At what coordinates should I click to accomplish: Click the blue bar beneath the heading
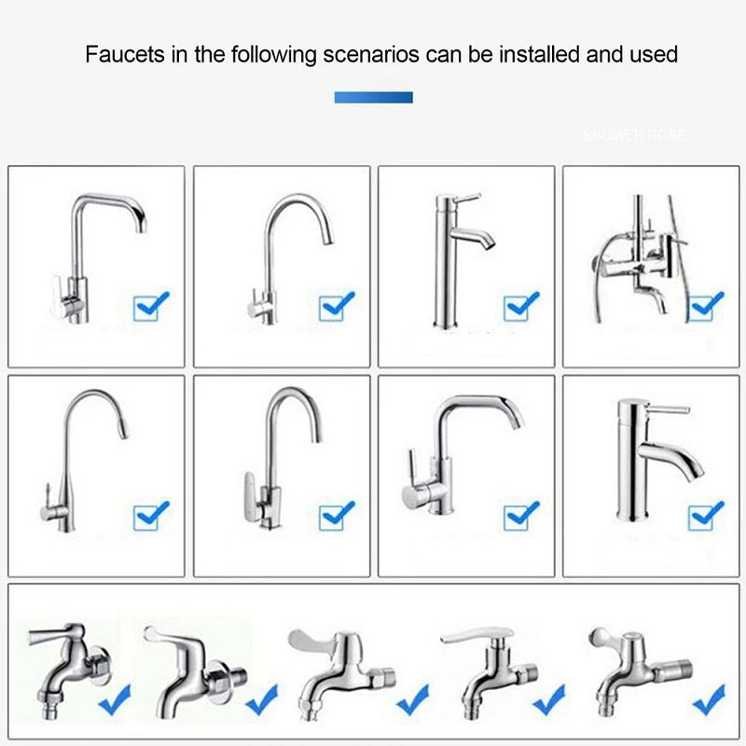(373, 97)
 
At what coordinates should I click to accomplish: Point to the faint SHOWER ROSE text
(633, 136)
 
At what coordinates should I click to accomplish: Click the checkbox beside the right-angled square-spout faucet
(150, 305)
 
